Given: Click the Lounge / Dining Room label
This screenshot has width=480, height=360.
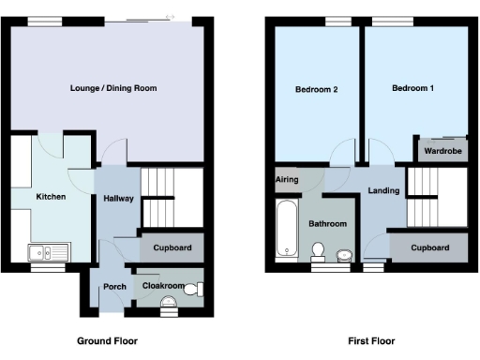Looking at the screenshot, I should point(112,88).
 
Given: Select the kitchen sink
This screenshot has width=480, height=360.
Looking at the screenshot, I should point(43,251).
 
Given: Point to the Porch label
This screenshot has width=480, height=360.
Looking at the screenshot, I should point(114,287).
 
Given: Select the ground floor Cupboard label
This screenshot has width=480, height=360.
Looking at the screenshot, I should point(172,248).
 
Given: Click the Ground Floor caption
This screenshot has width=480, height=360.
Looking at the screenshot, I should point(106,341).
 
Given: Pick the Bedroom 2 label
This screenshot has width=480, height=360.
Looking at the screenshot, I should point(316,90).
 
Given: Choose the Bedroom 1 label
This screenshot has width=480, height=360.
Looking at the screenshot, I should point(412,88).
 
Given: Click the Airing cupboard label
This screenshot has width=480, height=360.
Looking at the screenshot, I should point(286,179).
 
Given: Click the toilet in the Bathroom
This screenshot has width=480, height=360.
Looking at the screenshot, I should point(318,250).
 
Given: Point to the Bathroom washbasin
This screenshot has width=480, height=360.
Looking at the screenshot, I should point(344,253).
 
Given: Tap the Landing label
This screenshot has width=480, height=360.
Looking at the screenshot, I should point(384,191).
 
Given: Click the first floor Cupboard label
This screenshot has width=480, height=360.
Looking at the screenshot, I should point(429,248).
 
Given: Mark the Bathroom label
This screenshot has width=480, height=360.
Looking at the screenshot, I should point(328,224).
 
